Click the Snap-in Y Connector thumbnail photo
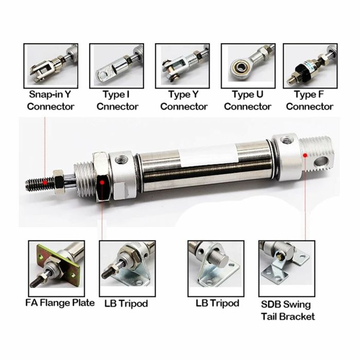click(x=51, y=66)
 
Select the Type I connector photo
click(x=117, y=66)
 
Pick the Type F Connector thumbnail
click(x=310, y=66)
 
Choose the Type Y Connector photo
click(x=183, y=66)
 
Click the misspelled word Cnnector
click(x=117, y=106)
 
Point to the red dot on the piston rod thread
click(x=45, y=182)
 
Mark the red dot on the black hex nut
click(x=102, y=183)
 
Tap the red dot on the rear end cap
click(x=305, y=155)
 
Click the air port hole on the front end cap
click(x=121, y=159)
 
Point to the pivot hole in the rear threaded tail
click(x=320, y=161)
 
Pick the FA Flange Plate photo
click(x=57, y=268)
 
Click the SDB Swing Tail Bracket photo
click(x=287, y=268)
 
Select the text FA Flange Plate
click(x=60, y=303)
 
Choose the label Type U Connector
click(x=248, y=101)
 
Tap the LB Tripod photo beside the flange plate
click(x=128, y=268)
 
